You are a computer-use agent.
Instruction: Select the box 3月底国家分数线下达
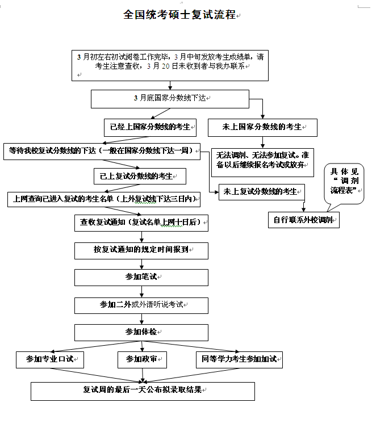tap(170, 99)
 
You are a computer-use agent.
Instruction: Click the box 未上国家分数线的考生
tap(262, 127)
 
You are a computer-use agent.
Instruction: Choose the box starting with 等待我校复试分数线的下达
tap(102, 151)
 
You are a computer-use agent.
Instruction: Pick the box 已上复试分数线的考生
tap(140, 176)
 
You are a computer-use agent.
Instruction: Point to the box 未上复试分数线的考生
tap(261, 191)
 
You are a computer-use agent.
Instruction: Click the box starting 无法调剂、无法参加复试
tap(262, 160)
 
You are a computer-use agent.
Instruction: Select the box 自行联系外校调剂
tap(303, 219)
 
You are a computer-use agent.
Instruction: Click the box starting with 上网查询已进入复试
tap(105, 199)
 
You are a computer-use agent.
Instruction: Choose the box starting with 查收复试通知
tap(141, 223)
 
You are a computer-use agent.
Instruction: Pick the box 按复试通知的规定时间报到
tap(141, 250)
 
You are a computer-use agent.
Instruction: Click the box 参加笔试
tap(141, 276)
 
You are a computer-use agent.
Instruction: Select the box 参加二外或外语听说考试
tap(141, 305)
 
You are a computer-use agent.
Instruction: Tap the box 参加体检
tap(141, 332)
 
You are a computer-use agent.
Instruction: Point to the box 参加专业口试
tap(50, 359)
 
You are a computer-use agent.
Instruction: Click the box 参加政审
tap(142, 359)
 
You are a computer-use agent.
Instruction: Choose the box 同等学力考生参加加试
tap(239, 359)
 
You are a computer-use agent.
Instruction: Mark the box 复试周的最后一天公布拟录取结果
tap(143, 391)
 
